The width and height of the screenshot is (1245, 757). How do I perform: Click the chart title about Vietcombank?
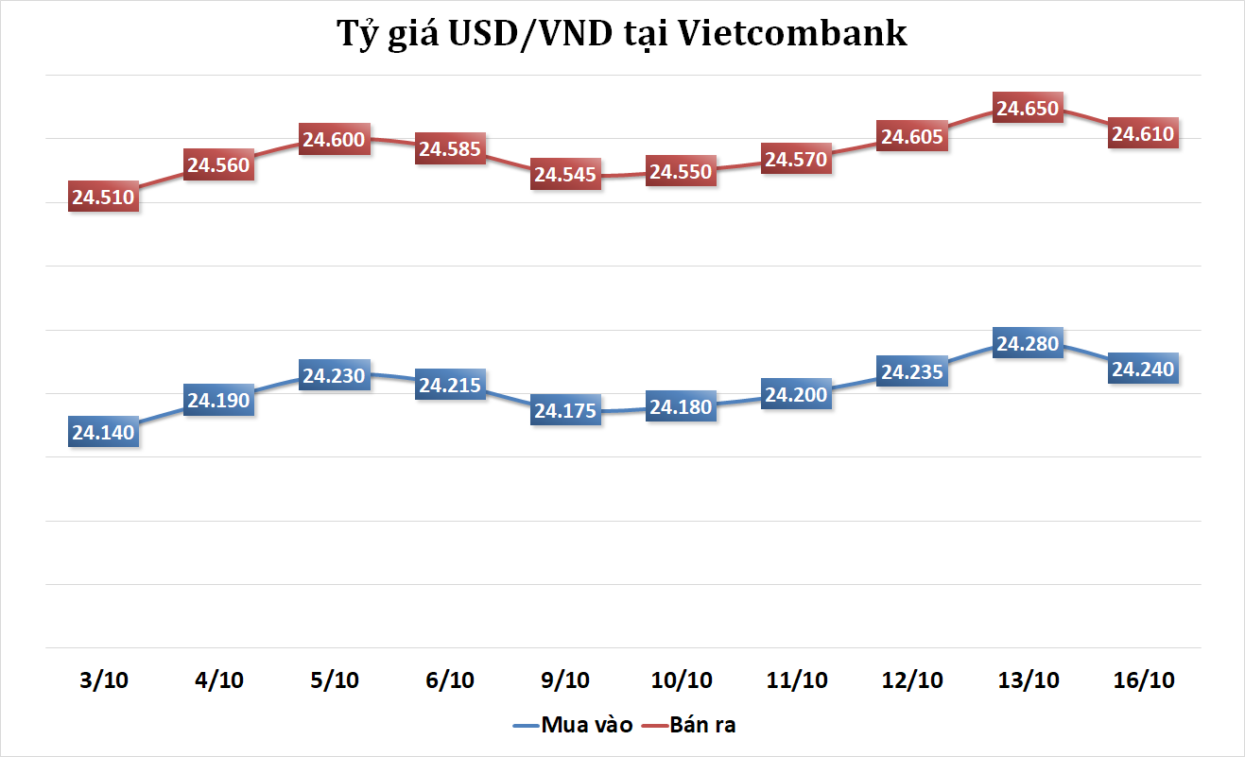(622, 34)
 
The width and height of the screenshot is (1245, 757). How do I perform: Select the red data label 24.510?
(104, 198)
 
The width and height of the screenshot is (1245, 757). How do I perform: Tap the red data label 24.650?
(1028, 109)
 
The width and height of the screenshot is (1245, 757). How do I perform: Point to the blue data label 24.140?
(104, 433)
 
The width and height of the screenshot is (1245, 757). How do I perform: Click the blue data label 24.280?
(1028, 344)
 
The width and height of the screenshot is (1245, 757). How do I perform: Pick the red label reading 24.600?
(334, 140)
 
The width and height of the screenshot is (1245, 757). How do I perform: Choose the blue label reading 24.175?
(565, 411)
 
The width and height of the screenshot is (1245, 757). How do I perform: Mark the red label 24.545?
(565, 175)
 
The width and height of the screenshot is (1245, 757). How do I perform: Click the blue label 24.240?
(1143, 370)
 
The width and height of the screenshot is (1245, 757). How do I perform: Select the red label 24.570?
(796, 160)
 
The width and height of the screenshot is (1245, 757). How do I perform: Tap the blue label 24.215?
(450, 386)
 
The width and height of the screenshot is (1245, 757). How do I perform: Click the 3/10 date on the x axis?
(104, 680)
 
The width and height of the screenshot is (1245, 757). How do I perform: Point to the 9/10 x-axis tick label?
(565, 680)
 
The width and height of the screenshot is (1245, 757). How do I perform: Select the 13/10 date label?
(1028, 680)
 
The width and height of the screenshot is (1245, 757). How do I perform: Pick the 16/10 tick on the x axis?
(1143, 680)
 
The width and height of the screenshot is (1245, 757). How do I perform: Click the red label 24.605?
(912, 137)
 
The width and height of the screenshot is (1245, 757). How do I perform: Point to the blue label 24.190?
(218, 401)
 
